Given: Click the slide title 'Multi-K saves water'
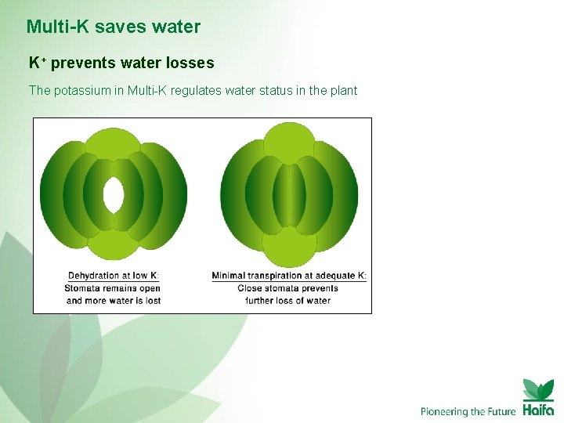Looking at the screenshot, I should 114,27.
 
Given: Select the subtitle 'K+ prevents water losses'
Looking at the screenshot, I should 121,63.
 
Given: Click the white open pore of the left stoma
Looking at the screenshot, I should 114,194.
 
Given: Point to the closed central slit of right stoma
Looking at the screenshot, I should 289,196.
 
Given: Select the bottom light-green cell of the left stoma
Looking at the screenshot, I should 113,245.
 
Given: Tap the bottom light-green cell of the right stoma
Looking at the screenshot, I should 289,249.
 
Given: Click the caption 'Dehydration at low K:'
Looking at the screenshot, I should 114,276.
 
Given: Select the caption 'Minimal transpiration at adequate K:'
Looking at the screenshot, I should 289,276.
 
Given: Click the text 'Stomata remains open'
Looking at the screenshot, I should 114,288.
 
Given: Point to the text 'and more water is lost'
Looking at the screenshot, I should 114,301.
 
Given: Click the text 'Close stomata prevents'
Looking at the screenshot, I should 288,288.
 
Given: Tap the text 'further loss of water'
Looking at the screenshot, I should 288,301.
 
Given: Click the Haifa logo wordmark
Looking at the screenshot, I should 538,409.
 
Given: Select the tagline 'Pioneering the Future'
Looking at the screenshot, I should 468,411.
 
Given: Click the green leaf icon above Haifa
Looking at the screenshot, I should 538,389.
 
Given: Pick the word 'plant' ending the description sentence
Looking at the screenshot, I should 342,91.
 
